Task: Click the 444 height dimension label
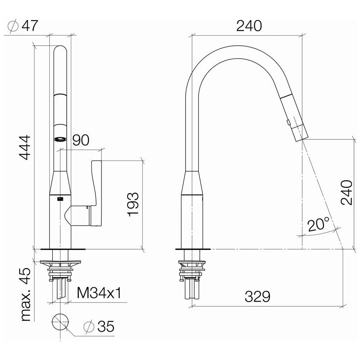pyautogui.click(x=25, y=148)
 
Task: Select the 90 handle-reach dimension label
pyautogui.click(x=81, y=140)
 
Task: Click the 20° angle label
pyautogui.click(x=319, y=224)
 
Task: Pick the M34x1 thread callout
pyautogui.click(x=99, y=293)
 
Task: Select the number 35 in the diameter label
pyautogui.click(x=106, y=326)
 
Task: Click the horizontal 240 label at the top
pyautogui.click(x=249, y=26)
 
